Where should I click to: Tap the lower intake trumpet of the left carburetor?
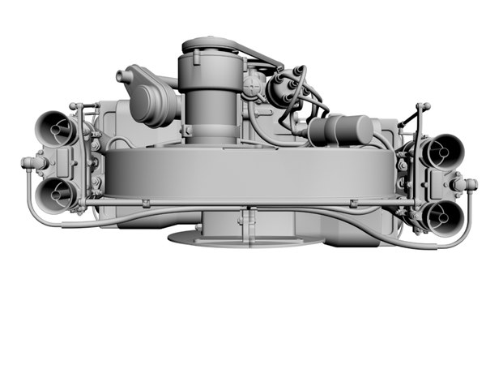56,195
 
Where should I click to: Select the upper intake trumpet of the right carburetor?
443,149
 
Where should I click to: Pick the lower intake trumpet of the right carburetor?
441,217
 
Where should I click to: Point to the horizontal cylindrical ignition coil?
340,130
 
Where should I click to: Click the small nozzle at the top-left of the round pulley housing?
124,77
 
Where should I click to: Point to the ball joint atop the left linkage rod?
75,106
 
